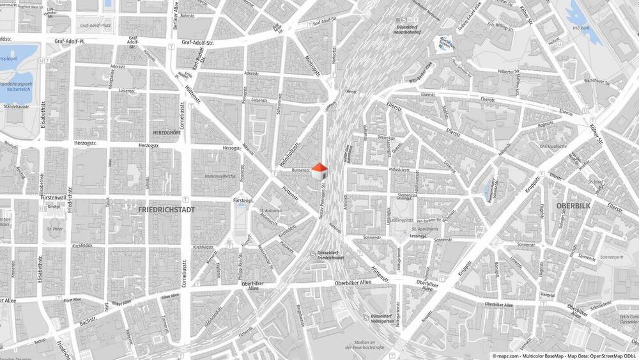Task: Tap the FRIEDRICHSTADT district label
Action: click(x=167, y=209)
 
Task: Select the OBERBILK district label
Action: click(x=572, y=205)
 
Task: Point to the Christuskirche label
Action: click(x=553, y=146)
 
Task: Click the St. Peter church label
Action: click(x=54, y=227)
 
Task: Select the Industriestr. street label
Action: click(x=399, y=169)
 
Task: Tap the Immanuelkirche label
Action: click(x=219, y=175)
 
